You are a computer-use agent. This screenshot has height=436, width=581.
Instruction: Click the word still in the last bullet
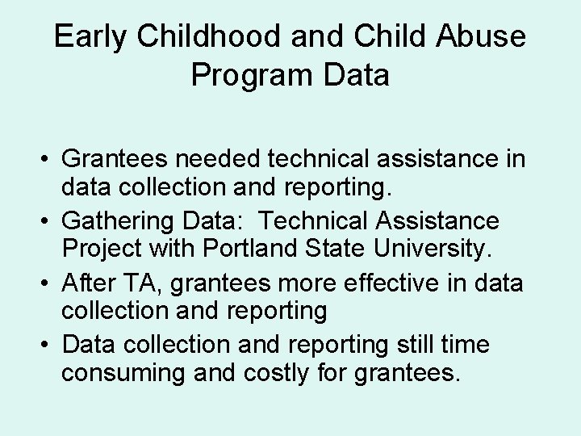tap(414, 346)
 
